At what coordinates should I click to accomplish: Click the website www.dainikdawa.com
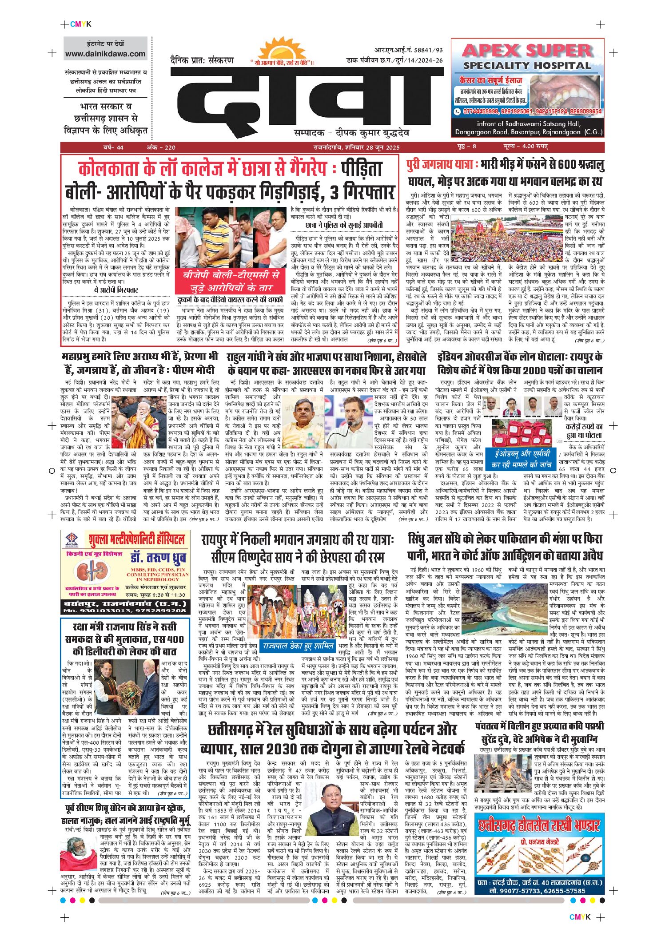pos(105,54)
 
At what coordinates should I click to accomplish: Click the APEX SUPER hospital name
pos(528,51)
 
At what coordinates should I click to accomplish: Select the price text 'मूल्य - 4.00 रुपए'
pos(526,147)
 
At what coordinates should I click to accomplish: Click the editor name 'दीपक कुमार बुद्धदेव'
pos(372,133)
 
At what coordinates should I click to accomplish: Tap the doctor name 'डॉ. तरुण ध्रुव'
pos(158,558)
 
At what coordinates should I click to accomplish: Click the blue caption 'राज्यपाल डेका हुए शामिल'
pos(298,646)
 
